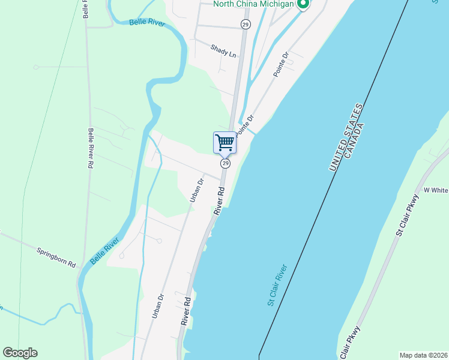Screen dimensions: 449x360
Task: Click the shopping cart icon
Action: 224,143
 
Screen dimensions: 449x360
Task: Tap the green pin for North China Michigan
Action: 303,5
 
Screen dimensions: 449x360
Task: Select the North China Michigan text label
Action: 254,5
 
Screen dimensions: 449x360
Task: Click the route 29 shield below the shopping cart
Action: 225,163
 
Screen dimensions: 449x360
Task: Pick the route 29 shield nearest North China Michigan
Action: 246,24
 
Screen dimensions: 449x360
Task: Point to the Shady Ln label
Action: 223,51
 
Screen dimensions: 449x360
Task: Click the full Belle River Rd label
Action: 91,148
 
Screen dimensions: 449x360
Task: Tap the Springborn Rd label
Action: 56,257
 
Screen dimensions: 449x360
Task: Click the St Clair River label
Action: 278,285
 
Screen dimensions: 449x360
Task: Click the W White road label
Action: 436,190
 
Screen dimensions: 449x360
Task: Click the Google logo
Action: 20,353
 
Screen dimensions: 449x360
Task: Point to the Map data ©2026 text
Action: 423,355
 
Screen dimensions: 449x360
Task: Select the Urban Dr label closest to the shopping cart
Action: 197,188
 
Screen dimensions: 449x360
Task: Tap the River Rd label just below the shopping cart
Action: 220,200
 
